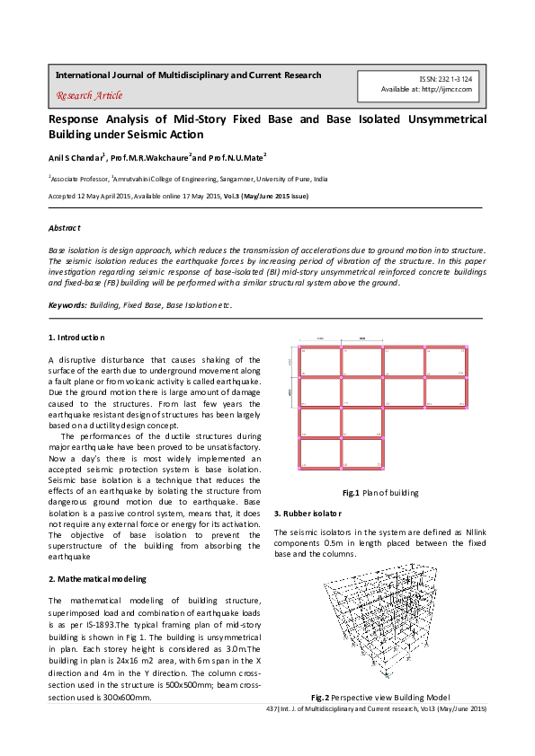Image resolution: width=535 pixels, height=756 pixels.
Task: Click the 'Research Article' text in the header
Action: click(89, 96)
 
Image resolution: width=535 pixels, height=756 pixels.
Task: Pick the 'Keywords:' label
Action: click(67, 306)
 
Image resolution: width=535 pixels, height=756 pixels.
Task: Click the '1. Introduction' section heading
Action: click(76, 337)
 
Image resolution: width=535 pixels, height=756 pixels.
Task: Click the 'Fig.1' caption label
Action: click(351, 494)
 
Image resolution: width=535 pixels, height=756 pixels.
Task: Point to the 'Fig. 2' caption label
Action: click(322, 698)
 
